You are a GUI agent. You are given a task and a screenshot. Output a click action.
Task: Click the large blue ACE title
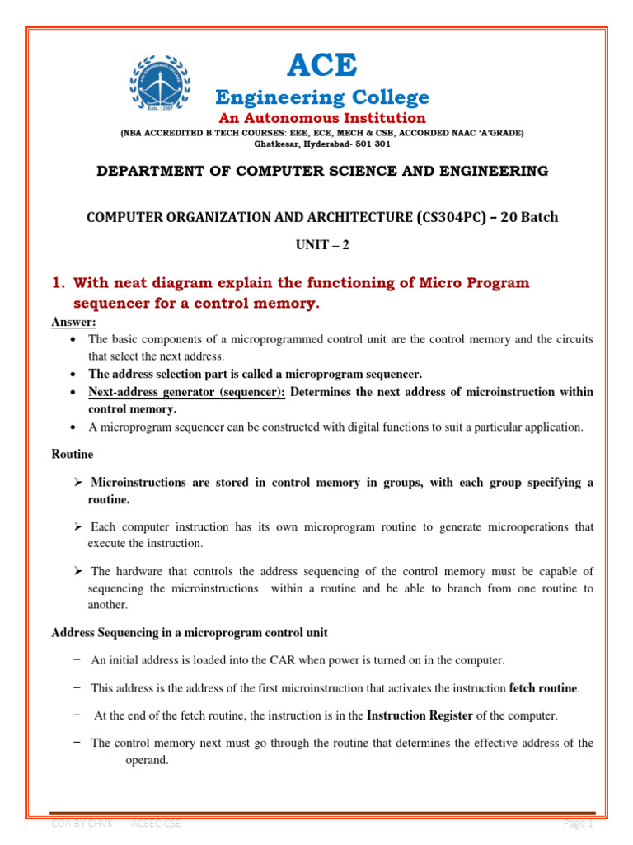coord(322,64)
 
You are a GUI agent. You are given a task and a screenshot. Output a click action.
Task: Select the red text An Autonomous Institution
coord(322,119)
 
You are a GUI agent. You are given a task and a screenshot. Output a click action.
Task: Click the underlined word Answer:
coord(73,323)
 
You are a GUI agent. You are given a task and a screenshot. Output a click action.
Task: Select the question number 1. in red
coord(59,283)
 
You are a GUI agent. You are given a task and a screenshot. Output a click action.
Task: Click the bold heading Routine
coord(73,454)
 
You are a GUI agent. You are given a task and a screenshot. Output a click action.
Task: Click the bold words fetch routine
coord(545,687)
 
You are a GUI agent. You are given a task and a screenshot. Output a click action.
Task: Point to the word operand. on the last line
coord(147,760)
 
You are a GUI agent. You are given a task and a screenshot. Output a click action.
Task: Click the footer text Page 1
coord(578,824)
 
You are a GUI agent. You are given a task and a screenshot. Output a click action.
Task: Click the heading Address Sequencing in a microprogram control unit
coord(190,633)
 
